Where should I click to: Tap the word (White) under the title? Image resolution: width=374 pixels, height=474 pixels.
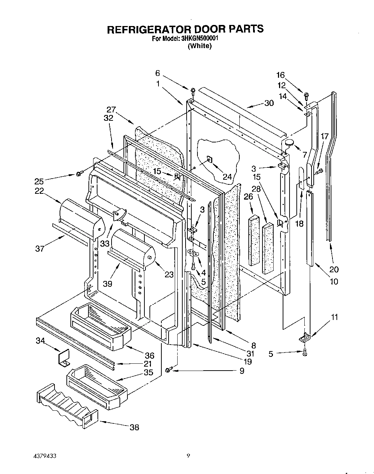pyautogui.click(x=199, y=46)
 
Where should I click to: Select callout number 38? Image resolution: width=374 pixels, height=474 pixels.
pyautogui.click(x=134, y=427)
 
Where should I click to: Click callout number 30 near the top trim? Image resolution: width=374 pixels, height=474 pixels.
pyautogui.click(x=269, y=103)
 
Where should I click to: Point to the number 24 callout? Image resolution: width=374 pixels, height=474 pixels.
pyautogui.click(x=227, y=177)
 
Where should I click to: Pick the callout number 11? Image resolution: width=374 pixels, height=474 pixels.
pyautogui.click(x=335, y=317)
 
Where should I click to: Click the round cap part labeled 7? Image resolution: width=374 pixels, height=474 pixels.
pyautogui.click(x=289, y=143)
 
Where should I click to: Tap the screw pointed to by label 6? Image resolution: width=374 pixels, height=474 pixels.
pyautogui.click(x=193, y=90)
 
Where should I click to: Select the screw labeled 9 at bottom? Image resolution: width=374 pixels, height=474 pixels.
pyautogui.click(x=168, y=370)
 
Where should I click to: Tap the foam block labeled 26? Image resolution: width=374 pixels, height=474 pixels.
pyautogui.click(x=254, y=240)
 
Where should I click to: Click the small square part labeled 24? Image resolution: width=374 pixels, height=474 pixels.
pyautogui.click(x=209, y=159)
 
